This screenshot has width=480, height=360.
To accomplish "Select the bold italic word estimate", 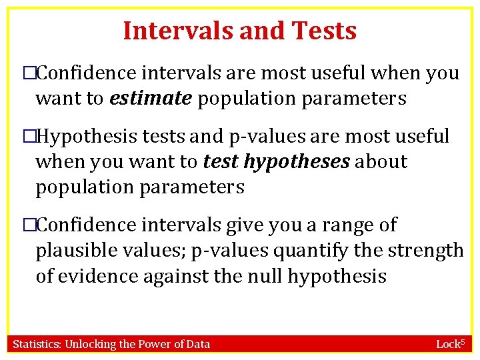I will click(x=151, y=99).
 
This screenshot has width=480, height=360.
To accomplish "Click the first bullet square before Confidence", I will click(x=29, y=73).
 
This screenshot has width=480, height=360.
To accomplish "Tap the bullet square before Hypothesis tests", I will click(x=29, y=137).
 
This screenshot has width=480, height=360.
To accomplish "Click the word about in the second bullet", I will click(x=382, y=161).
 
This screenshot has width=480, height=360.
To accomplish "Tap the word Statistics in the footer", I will click(x=38, y=344).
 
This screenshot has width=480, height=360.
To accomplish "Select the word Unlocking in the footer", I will click(x=93, y=344).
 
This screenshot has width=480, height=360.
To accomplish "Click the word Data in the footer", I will click(x=198, y=344).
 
